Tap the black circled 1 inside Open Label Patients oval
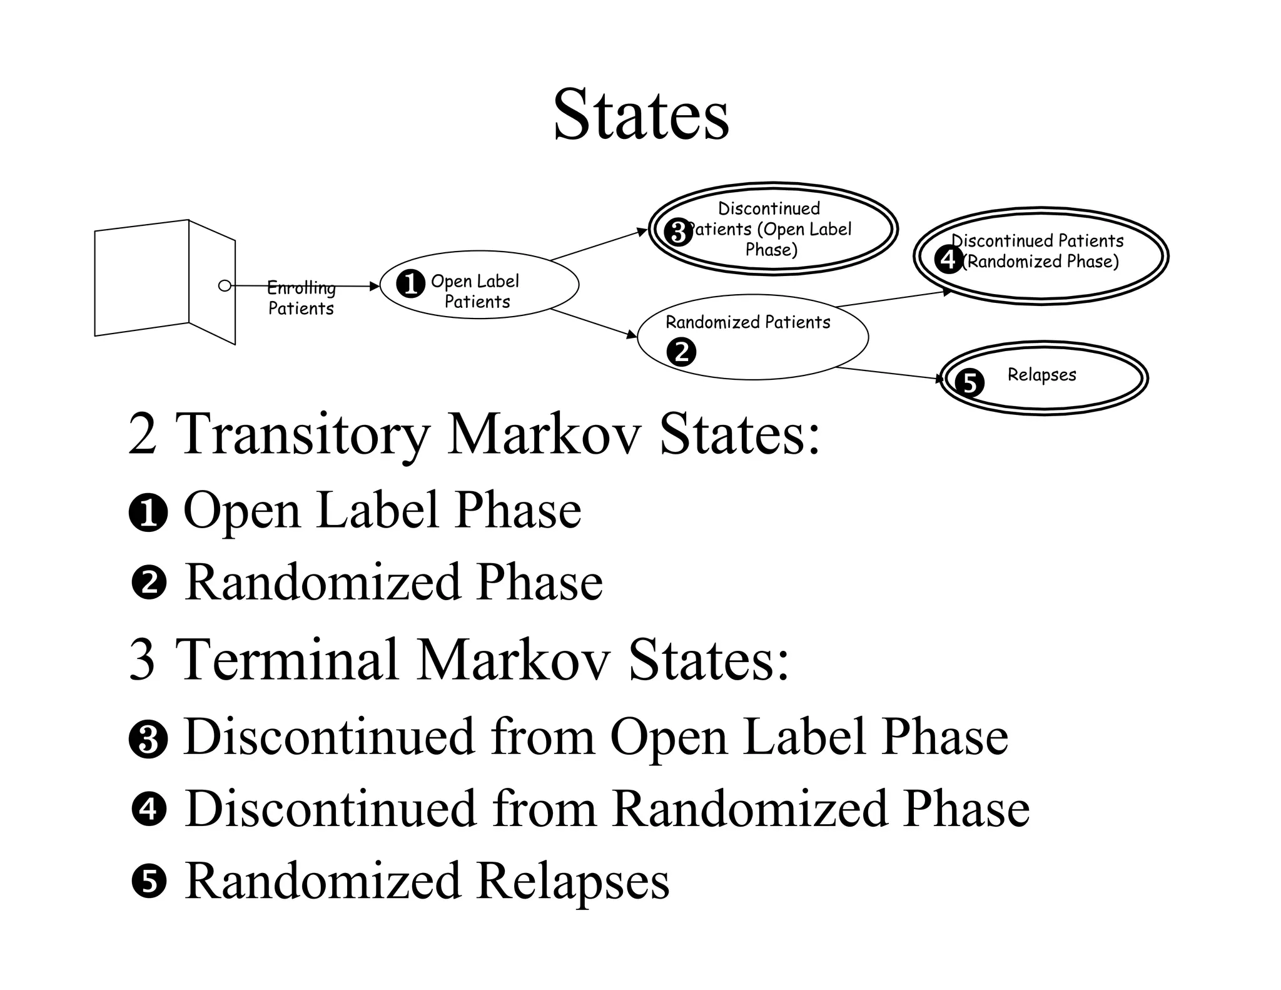pos(410,284)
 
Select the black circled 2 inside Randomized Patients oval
pos(681,352)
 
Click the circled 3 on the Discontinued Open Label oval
pos(678,232)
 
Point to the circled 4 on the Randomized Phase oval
pos(948,258)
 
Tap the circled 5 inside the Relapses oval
pos(970,382)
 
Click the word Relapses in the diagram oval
pos(1041,375)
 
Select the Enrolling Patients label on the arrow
pos(301,298)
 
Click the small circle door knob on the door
pos(225,285)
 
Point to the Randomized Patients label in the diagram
pos(747,322)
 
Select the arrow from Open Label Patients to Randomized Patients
pos(593,324)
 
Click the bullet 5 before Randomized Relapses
pos(149,880)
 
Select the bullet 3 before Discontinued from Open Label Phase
pos(148,738)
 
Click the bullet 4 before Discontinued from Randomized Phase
pos(149,809)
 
